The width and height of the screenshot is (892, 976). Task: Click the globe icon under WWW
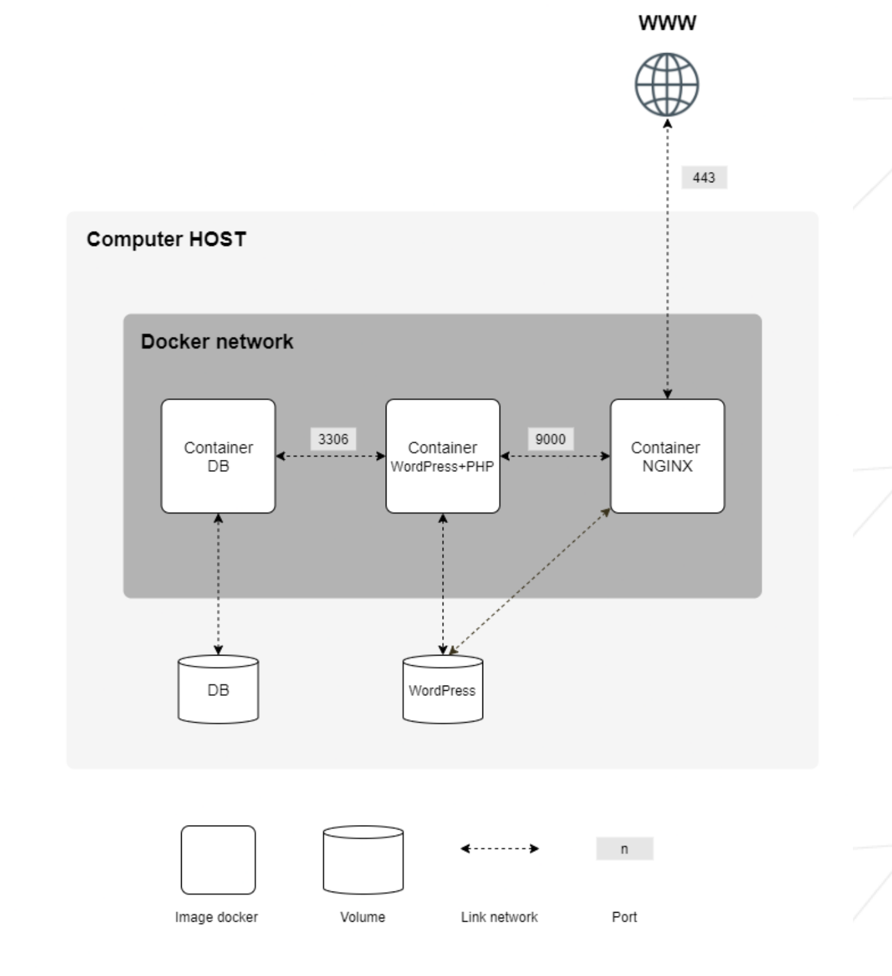coord(666,84)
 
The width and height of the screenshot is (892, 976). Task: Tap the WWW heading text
coord(667,23)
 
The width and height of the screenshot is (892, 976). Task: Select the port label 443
coord(704,178)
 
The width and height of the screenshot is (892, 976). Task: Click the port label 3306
coord(333,439)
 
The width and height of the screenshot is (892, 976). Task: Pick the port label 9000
coord(550,439)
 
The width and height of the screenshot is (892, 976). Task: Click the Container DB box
coord(218,456)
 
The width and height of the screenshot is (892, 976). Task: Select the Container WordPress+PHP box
coord(442,456)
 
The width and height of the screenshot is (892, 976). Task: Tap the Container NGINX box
coord(667,456)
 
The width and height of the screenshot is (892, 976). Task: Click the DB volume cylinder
coord(218,689)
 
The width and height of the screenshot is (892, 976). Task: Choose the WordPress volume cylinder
coord(442,689)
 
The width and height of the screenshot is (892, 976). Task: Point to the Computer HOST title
coord(166,239)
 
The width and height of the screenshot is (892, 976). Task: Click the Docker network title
coord(217,342)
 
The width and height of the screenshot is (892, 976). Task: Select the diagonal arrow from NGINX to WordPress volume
coord(530,581)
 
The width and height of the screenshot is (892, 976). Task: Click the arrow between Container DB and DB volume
coord(218,583)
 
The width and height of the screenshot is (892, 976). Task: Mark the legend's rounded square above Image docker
coord(218,860)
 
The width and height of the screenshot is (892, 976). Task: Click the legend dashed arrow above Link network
coord(500,849)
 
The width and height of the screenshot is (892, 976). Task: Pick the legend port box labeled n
coord(625,849)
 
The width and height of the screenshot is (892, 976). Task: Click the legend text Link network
coord(499,917)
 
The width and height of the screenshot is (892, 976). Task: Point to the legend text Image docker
coord(216,917)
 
